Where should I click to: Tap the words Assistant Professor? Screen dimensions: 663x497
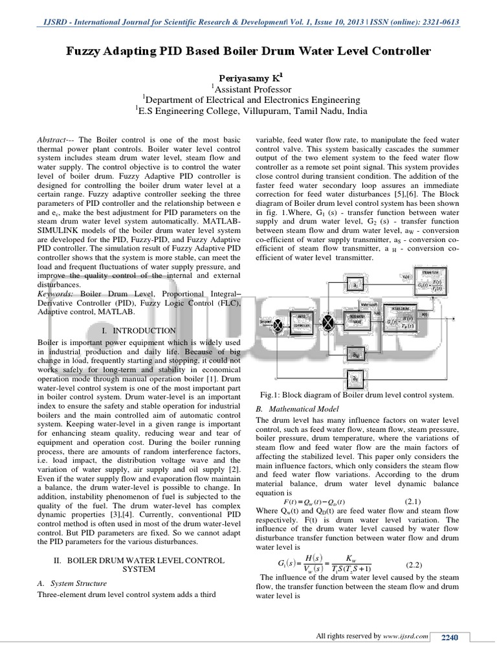(x=252, y=89)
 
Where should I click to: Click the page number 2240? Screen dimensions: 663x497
(x=449, y=638)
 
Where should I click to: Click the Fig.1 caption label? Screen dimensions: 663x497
(x=271, y=395)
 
